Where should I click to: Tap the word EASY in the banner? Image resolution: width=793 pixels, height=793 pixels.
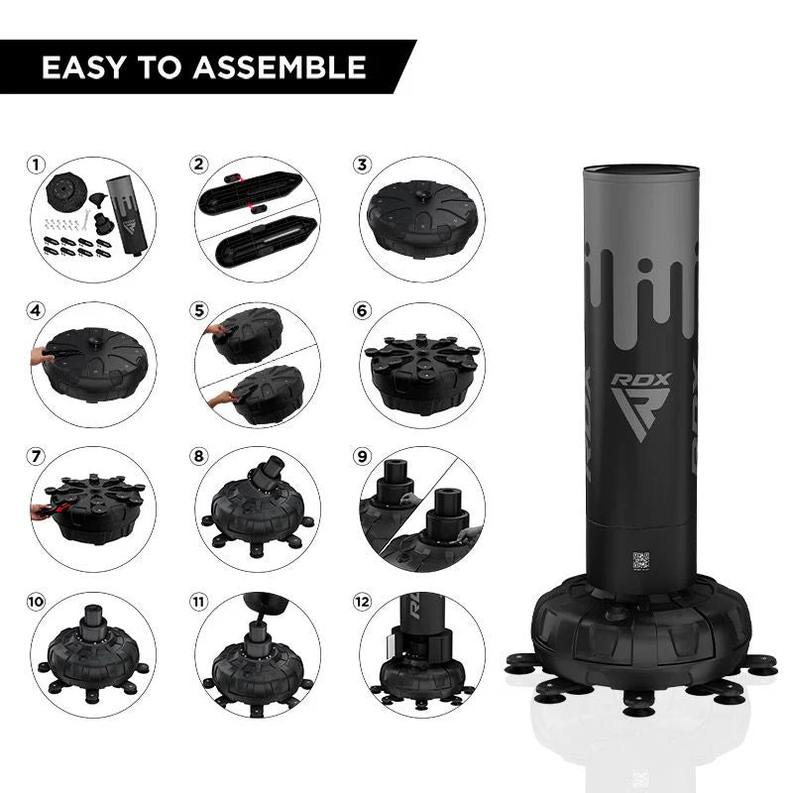point(83,67)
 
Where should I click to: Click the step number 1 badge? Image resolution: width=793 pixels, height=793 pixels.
point(38,165)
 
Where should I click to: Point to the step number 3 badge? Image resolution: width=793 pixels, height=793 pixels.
point(363,165)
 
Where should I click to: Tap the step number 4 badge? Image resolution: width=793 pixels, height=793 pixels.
point(38,310)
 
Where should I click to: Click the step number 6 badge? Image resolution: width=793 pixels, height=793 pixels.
point(363,310)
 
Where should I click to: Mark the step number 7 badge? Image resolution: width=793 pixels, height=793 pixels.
point(38,456)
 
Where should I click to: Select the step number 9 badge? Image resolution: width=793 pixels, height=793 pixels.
point(363,456)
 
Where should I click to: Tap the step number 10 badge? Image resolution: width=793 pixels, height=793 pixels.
point(38,602)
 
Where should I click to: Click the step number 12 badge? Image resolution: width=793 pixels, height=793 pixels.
point(363,602)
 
